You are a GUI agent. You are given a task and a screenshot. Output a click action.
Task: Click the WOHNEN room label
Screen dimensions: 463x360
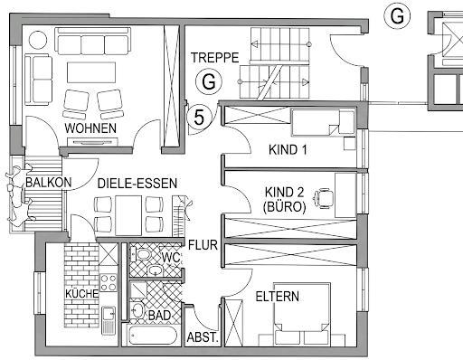(90, 128)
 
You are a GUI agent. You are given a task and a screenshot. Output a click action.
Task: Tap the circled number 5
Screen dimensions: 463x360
(199, 117)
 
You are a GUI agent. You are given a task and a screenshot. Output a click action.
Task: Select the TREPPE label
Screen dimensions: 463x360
(215, 58)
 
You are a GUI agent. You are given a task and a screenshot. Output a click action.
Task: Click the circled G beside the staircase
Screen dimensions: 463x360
(209, 81)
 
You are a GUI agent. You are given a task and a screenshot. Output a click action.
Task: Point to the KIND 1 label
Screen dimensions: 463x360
(288, 150)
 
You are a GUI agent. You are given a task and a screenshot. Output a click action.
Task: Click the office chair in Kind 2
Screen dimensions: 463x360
(324, 198)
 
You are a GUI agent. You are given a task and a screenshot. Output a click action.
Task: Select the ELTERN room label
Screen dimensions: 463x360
(278, 297)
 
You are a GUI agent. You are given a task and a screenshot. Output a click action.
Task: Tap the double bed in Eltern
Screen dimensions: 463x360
(302, 314)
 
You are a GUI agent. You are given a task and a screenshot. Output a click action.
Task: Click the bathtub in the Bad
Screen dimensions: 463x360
(152, 336)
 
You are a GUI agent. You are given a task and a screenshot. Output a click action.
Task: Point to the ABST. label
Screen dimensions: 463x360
(203, 337)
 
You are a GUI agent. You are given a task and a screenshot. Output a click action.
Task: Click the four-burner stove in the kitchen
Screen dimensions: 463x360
(109, 282)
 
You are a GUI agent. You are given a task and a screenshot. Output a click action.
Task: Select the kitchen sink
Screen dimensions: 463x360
(109, 320)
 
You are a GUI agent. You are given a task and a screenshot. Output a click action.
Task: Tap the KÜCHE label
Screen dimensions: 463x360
(82, 294)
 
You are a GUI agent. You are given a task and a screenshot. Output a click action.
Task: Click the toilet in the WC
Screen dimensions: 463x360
(141, 254)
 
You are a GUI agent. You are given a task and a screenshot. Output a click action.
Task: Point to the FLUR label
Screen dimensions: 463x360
(203, 245)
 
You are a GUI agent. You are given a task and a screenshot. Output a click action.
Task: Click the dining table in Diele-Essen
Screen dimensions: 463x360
(128, 215)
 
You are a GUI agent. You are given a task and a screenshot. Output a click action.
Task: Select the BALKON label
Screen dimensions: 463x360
(49, 183)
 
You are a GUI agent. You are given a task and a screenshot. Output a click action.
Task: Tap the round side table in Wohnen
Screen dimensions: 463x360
(38, 40)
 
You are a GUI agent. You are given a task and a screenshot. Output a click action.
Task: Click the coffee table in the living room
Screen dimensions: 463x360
(91, 72)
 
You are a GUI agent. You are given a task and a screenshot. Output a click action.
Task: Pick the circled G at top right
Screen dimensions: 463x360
(397, 16)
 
